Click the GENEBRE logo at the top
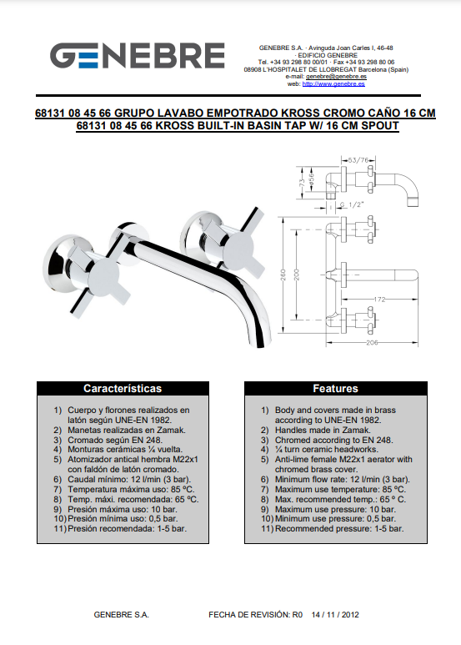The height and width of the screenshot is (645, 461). coord(138,56)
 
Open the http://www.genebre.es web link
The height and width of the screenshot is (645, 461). coord(333,84)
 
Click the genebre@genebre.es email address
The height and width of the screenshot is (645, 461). coord(336,77)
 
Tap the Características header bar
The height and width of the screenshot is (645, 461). coord(123,388)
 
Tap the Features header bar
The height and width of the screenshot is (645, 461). coord(336,388)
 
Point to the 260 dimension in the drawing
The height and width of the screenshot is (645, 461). coord(283,275)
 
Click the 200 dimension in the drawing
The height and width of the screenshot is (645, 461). coord(297,275)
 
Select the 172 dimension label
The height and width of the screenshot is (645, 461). coord(379,300)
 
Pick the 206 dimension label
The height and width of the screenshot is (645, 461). coord(372,342)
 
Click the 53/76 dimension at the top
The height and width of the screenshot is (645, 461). coord(358,160)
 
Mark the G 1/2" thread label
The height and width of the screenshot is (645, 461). coord(352,205)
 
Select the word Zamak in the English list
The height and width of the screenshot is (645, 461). coord(357,431)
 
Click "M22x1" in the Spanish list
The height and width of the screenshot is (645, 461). coord(184,460)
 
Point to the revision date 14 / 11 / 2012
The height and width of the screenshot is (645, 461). coord(335,615)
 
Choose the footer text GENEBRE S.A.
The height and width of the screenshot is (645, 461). coord(122,615)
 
